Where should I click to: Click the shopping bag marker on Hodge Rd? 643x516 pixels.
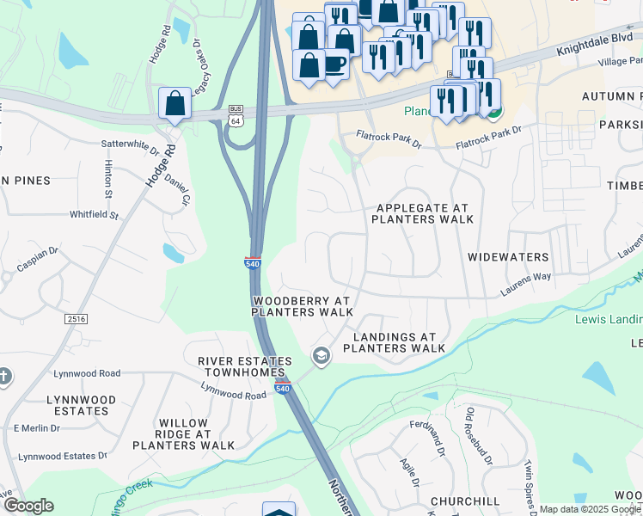click(175, 103)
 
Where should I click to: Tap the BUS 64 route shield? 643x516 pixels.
click(236, 114)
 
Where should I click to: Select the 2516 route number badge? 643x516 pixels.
click(77, 319)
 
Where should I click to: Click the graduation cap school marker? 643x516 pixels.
click(321, 356)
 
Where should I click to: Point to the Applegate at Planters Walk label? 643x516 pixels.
click(422, 214)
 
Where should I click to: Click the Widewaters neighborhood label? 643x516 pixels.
click(508, 257)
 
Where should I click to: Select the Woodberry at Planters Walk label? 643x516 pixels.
click(302, 306)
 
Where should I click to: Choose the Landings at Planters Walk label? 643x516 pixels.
click(394, 343)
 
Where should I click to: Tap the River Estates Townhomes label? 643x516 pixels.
click(242, 366)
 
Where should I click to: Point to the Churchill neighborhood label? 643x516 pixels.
click(465, 501)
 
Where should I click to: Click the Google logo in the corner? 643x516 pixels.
click(28, 506)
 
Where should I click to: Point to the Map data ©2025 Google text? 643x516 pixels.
click(590, 509)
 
